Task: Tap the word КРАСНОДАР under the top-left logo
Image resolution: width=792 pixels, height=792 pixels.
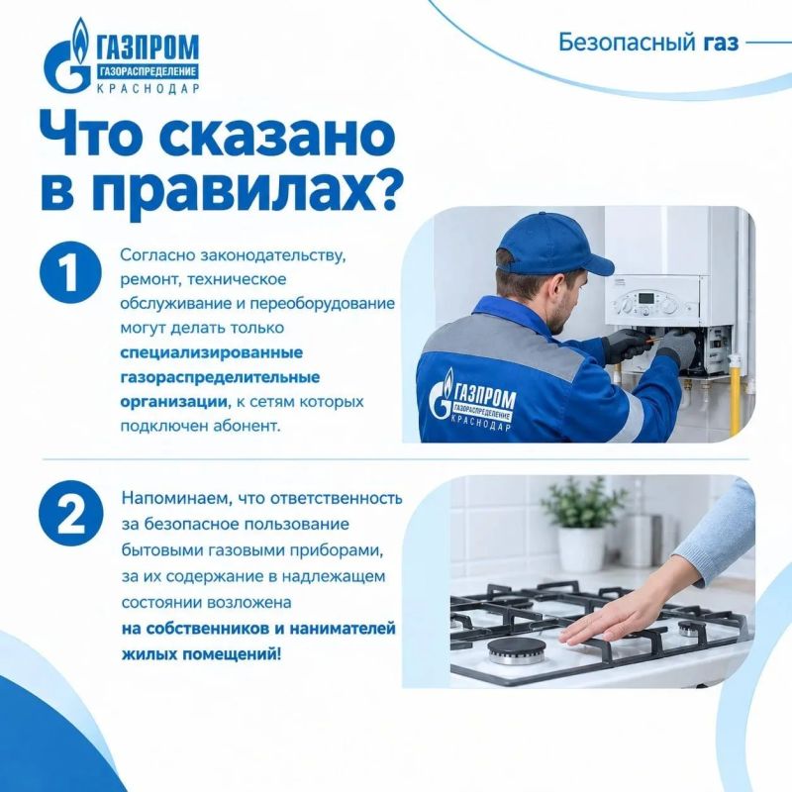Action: pos(148,88)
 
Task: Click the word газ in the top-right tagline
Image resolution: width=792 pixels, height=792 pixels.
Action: pos(721,43)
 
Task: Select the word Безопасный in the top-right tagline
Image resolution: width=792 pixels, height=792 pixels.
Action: pos(627,43)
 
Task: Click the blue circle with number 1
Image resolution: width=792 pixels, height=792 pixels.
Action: pos(70,272)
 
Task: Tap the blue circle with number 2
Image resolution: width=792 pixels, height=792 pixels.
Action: pos(71,513)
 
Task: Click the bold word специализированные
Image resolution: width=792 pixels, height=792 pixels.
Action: pos(212,353)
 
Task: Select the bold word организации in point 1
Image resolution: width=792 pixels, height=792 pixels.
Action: pos(173,402)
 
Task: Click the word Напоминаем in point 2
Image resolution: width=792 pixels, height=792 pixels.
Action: pos(176,499)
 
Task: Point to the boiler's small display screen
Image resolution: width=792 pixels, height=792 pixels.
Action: pos(645,298)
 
